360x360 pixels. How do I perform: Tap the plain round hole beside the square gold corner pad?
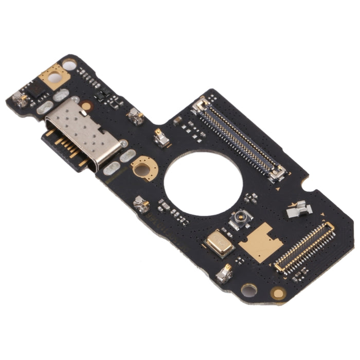(x=68, y=64)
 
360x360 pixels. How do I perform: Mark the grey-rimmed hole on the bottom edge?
(x=249, y=290)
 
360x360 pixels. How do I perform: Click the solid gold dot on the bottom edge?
(x=278, y=293)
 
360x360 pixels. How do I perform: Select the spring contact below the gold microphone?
(x=224, y=275)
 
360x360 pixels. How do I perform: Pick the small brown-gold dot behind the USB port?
(x=86, y=105)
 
